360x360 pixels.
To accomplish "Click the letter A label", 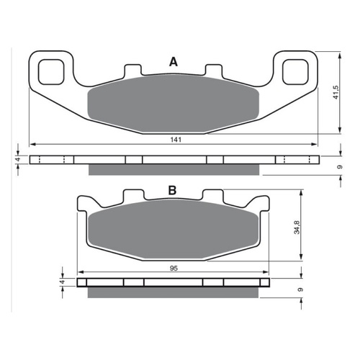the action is [x=174, y=62].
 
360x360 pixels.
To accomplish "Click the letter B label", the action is [x=172, y=190].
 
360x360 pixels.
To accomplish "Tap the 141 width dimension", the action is [x=176, y=140].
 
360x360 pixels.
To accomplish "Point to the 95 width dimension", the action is [x=174, y=268].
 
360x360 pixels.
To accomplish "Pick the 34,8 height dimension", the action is [x=297, y=227].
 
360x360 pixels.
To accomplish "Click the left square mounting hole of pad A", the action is [x=51, y=72].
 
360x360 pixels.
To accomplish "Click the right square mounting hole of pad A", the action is [x=295, y=72].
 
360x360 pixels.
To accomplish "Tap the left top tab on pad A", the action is [x=132, y=70].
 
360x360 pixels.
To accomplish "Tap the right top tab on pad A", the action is [x=213, y=70].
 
